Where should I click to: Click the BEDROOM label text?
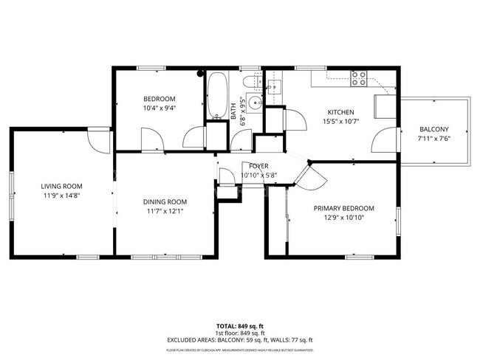coord(159,99)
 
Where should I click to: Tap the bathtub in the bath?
coord(217,96)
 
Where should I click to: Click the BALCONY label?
coord(433,129)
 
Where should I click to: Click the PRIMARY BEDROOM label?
coord(343,208)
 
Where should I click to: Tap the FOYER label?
coord(258,166)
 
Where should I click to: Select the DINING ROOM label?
coord(165,201)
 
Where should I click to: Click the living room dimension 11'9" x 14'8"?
coord(61,195)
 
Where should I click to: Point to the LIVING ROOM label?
coord(61,186)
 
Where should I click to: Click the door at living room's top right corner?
coord(97,140)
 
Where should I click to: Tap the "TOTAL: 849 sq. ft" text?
coord(240,325)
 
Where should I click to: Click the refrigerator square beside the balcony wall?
coord(385,107)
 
